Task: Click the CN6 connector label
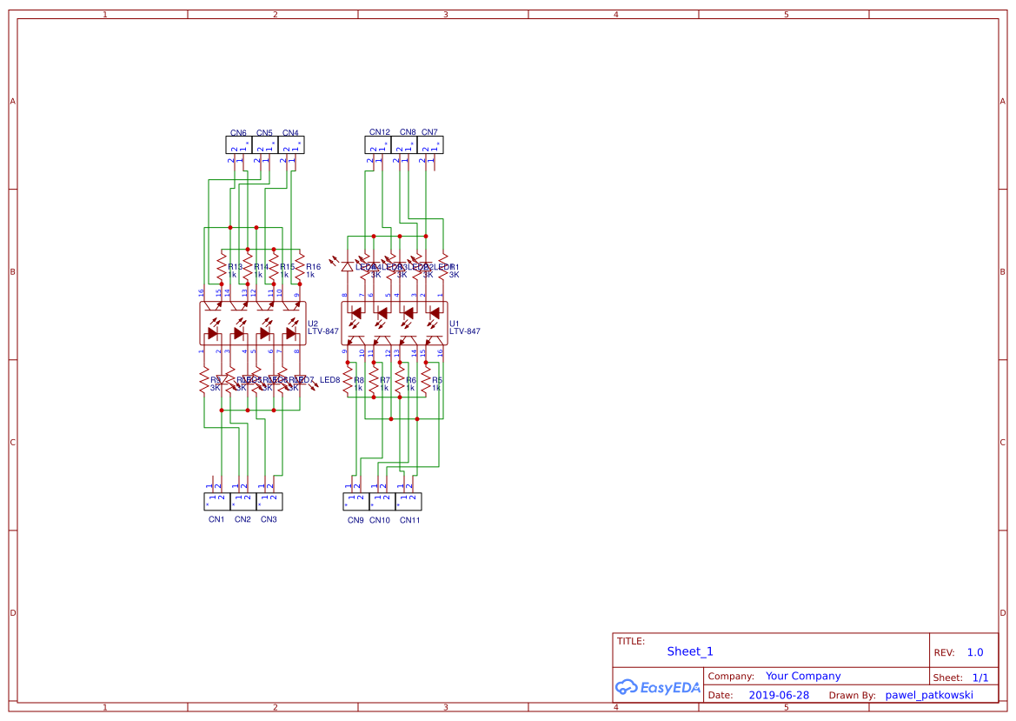[x=237, y=133]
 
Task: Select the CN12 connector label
[x=380, y=132]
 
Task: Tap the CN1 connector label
[x=216, y=519]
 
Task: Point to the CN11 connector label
[x=409, y=520]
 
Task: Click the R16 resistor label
[x=314, y=267]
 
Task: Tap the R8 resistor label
[x=358, y=380]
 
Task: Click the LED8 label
[x=329, y=380]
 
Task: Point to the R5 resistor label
[x=437, y=380]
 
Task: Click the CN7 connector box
[x=430, y=145]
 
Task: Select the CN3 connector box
[x=269, y=502]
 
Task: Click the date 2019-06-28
[x=778, y=695]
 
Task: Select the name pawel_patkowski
[x=929, y=695]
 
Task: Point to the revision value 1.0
[x=975, y=652]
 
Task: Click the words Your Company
[x=803, y=676]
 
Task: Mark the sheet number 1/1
[x=979, y=678]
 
